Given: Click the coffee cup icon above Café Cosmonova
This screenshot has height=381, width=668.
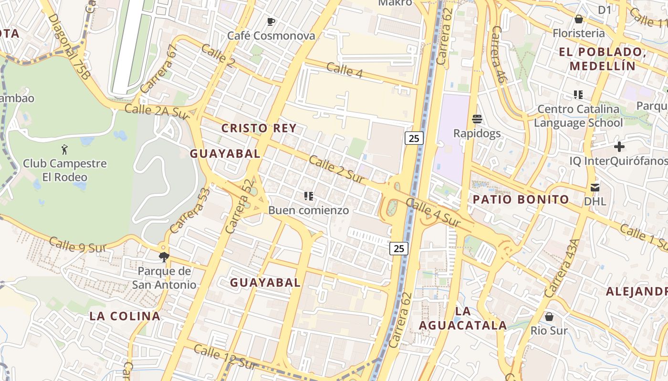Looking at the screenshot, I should click(271, 21).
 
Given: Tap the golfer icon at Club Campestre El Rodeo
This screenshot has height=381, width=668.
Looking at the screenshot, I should click(65, 150).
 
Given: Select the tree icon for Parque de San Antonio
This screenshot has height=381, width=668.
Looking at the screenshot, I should click(164, 257).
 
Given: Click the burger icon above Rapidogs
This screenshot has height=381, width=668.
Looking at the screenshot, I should click(477, 119).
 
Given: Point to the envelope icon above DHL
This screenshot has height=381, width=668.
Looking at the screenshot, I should click(595, 187).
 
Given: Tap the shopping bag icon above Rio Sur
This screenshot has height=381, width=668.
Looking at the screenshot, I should click(549, 316).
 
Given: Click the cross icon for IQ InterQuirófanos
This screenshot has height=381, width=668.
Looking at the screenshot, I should click(619, 147).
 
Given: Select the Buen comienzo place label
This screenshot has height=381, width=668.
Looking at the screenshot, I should click(308, 210).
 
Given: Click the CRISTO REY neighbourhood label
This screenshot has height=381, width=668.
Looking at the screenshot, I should click(259, 128).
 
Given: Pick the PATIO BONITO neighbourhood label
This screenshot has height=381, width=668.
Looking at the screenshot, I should click(521, 200).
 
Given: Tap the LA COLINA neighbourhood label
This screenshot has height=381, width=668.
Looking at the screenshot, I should click(125, 316).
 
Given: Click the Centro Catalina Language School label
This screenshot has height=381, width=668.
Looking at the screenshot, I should click(578, 116).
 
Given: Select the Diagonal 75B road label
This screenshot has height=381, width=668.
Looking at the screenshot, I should click(69, 46).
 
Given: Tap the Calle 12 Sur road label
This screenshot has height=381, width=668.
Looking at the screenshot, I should click(225, 357).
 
